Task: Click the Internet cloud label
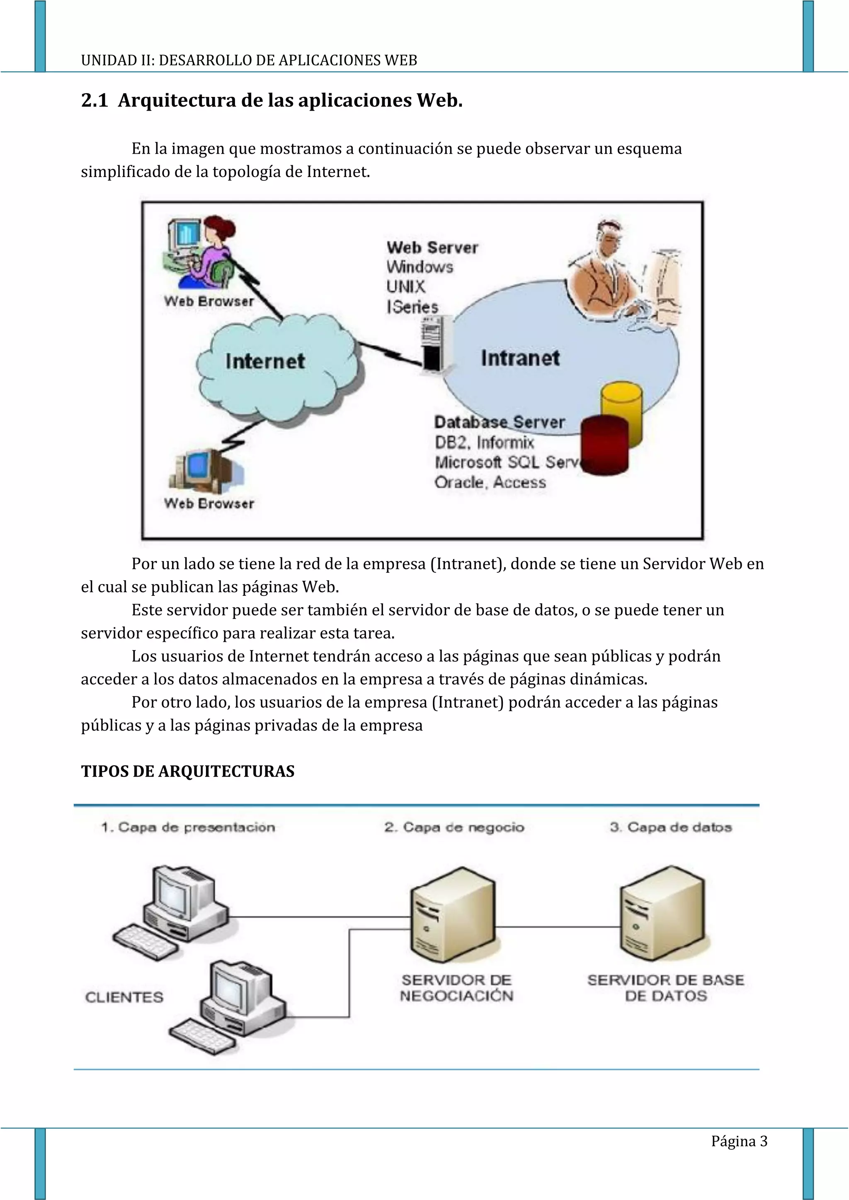click(x=264, y=361)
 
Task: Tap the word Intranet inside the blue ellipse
click(x=520, y=358)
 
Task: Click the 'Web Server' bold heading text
click(x=432, y=248)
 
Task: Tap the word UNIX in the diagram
click(x=406, y=287)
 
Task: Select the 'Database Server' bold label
click(x=499, y=422)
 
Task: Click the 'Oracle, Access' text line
click(x=490, y=482)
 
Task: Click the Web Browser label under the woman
click(x=209, y=302)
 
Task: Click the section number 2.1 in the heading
click(x=94, y=100)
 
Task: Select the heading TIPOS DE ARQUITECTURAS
click(x=188, y=772)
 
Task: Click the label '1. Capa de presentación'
click(x=188, y=827)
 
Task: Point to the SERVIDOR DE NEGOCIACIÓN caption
click(x=456, y=988)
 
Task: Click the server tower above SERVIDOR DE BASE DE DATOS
click(x=663, y=914)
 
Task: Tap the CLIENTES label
click(x=124, y=997)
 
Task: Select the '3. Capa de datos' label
click(x=671, y=827)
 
